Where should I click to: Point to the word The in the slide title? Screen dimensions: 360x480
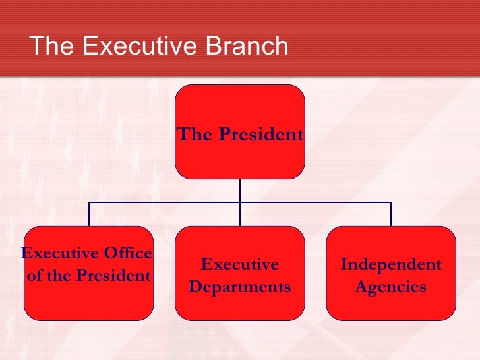tap(51, 47)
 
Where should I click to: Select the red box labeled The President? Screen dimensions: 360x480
tap(240, 132)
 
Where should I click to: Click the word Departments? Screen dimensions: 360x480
tap(240, 287)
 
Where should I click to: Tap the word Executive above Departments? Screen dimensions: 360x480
tap(240, 265)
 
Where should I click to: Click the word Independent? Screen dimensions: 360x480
tap(391, 265)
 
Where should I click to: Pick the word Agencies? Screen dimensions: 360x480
tap(391, 287)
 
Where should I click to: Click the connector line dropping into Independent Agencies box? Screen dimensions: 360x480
tap(391, 214)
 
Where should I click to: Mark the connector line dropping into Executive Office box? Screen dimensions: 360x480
tap(89, 214)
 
